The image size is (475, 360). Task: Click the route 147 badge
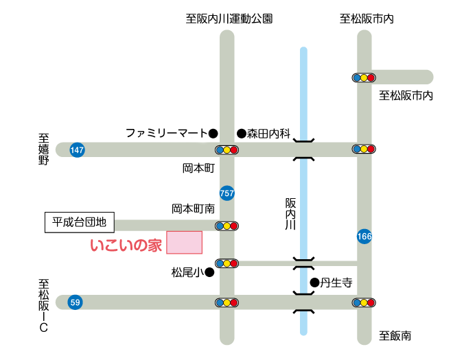[77, 149]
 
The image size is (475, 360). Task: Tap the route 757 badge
[227, 193]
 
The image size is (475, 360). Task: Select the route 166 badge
[364, 237]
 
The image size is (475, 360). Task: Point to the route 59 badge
[75, 302]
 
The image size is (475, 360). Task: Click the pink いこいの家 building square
[184, 242]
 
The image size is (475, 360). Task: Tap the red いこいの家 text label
[126, 245]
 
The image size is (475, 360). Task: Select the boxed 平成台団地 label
[80, 222]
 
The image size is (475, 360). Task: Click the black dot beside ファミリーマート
[213, 133]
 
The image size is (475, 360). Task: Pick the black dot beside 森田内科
[242, 133]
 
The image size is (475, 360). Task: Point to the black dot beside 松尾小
[209, 272]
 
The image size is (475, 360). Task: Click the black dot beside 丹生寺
[315, 283]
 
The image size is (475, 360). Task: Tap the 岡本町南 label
[194, 208]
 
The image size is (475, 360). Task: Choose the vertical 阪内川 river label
[290, 214]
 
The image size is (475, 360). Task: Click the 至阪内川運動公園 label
[229, 19]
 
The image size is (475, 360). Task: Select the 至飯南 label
[395, 336]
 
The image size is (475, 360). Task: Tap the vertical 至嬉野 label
[44, 149]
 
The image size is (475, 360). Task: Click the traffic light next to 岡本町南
[227, 226]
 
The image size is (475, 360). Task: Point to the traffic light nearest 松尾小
[227, 263]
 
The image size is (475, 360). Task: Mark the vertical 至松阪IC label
[44, 306]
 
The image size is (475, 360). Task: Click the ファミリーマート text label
[166, 133]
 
